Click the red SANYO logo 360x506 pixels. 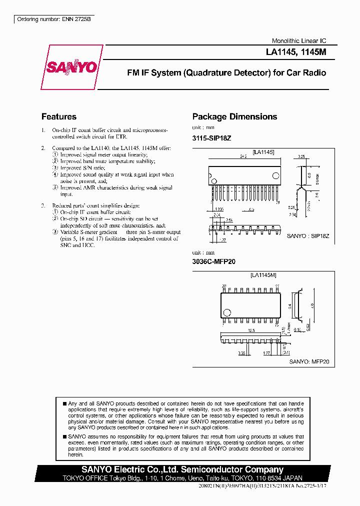(x=71, y=67)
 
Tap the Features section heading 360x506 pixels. (x=59, y=116)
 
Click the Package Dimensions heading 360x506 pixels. (x=234, y=116)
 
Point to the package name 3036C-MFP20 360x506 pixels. (x=214, y=261)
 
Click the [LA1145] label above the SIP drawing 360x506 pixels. (x=263, y=152)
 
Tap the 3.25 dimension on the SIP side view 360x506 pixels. (x=301, y=156)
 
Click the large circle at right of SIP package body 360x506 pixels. (x=275, y=175)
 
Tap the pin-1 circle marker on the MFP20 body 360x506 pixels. (x=227, y=313)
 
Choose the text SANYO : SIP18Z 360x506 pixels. (x=307, y=235)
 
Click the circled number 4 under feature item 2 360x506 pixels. (x=55, y=174)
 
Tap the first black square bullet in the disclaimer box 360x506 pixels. (x=64, y=403)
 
